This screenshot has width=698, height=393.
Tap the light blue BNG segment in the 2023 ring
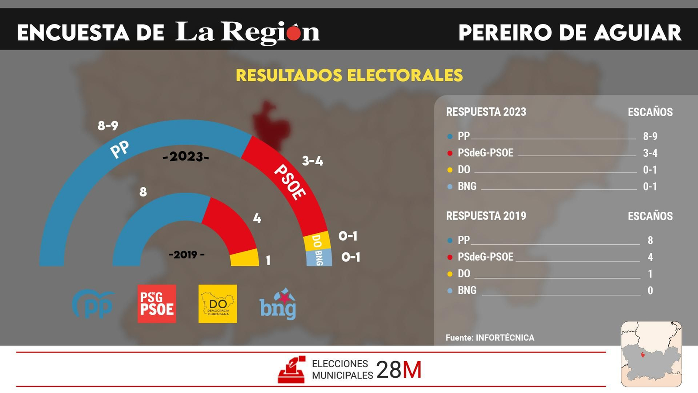pyautogui.click(x=319, y=258)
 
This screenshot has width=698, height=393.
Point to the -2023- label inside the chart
pyautogui.click(x=186, y=156)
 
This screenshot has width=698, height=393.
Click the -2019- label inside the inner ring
pyautogui.click(x=187, y=255)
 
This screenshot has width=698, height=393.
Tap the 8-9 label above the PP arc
pyautogui.click(x=108, y=126)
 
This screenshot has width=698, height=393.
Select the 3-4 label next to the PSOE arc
pyautogui.click(x=313, y=161)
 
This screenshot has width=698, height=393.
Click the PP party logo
pyautogui.click(x=93, y=304)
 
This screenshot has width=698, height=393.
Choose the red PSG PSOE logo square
pyautogui.click(x=157, y=304)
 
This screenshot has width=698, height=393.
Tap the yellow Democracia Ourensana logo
pyautogui.click(x=218, y=304)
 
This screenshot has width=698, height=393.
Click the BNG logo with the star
pyautogui.click(x=278, y=304)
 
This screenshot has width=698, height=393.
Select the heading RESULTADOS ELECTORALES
pyautogui.click(x=349, y=76)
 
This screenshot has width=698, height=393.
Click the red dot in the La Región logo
pyautogui.click(x=294, y=32)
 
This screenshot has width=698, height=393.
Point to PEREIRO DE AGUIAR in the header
pyautogui.click(x=570, y=33)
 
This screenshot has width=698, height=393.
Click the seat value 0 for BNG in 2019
pyautogui.click(x=650, y=291)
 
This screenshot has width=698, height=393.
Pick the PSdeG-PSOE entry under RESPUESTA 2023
pyautogui.click(x=485, y=153)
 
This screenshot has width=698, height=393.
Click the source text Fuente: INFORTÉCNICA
pyautogui.click(x=489, y=338)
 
